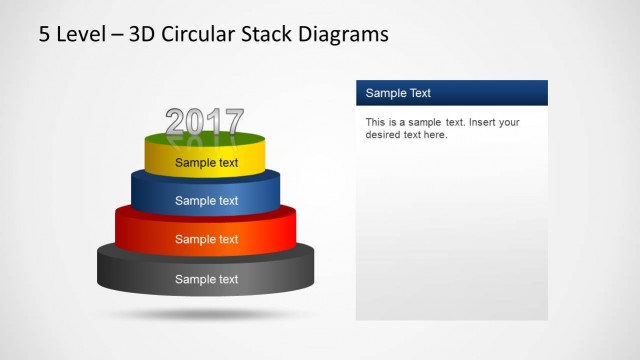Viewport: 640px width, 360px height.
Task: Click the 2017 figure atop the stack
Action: click(205, 122)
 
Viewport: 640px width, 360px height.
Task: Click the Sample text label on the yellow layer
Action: click(207, 162)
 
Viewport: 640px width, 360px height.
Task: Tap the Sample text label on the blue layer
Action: click(207, 200)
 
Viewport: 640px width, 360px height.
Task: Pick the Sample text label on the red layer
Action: click(207, 239)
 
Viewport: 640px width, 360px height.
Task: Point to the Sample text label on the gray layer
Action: click(207, 279)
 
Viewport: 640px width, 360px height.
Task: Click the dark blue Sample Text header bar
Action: click(452, 93)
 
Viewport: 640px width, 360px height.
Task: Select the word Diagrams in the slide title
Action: click(341, 35)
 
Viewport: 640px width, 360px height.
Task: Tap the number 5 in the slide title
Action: click(44, 35)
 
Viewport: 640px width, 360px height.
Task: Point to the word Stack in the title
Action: click(264, 35)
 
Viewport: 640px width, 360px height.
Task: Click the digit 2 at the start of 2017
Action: click(176, 122)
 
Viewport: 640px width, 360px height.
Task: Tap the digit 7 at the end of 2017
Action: click(233, 122)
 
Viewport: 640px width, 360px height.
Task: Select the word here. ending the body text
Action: click(435, 135)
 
